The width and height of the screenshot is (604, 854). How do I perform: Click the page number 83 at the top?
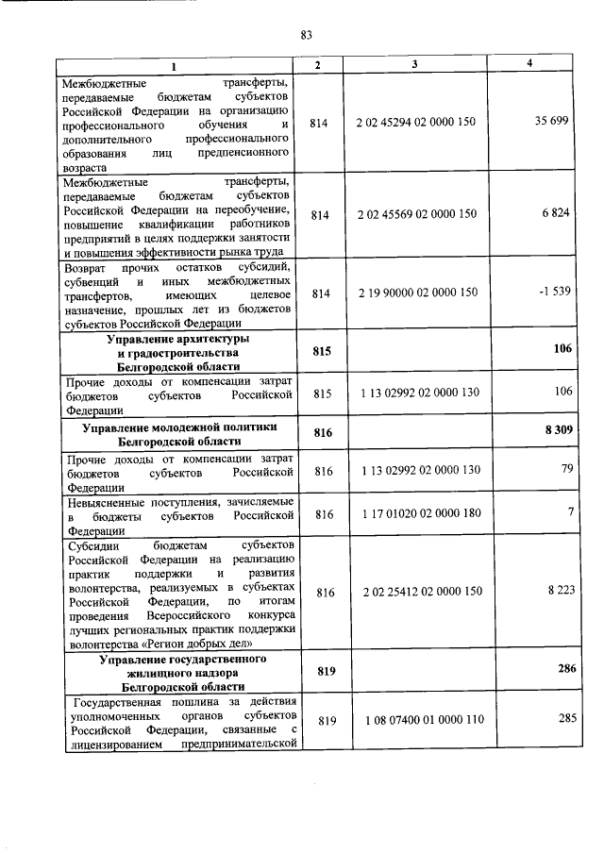coord(306,36)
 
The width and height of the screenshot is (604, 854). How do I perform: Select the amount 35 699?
coord(552,124)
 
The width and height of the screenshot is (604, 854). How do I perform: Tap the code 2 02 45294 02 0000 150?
coord(417,124)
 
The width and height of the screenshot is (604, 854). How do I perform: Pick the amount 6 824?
coord(556,215)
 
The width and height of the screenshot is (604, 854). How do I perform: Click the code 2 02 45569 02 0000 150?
coord(417,215)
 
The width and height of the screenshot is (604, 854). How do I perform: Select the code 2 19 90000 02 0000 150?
coord(417,293)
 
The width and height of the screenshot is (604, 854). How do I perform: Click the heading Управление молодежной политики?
coord(177,429)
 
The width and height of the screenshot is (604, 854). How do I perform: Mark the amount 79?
coord(566,469)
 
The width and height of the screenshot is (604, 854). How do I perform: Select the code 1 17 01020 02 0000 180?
coord(421,514)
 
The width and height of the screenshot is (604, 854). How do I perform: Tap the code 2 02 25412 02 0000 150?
coord(420,592)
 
